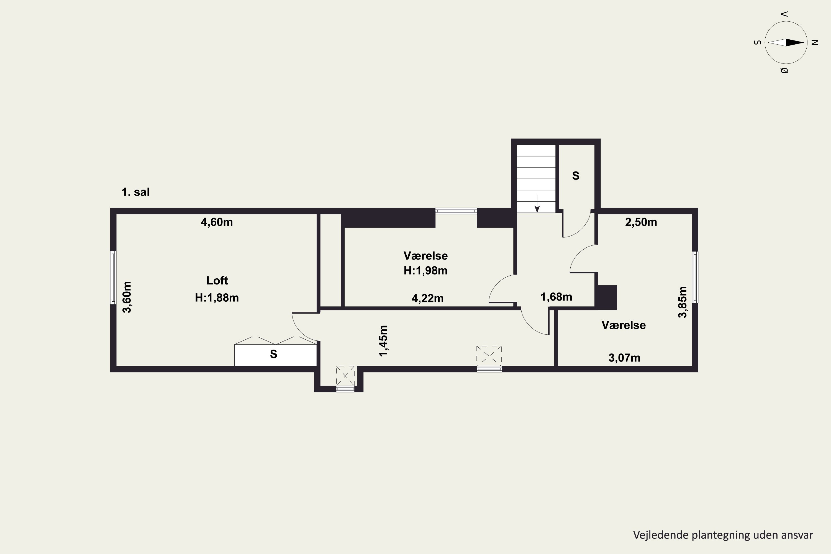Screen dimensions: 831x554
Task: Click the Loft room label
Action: pyautogui.click(x=217, y=281)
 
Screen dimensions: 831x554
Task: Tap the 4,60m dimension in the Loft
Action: pyautogui.click(x=217, y=222)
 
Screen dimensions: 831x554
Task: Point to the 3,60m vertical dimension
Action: pyautogui.click(x=127, y=297)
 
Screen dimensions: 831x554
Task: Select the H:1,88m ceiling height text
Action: pyautogui.click(x=217, y=298)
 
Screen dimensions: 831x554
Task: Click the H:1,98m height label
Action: pyautogui.click(x=426, y=271)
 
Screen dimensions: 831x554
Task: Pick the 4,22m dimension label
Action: pyautogui.click(x=427, y=299)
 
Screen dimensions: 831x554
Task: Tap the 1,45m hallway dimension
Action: pyautogui.click(x=383, y=341)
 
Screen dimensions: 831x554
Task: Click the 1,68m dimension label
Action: pyautogui.click(x=556, y=297)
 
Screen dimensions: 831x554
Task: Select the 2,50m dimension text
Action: pyautogui.click(x=641, y=222)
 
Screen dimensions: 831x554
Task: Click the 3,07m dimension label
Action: pyautogui.click(x=624, y=358)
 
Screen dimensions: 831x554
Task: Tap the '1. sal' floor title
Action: pyautogui.click(x=136, y=192)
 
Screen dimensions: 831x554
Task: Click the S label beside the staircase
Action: pyautogui.click(x=576, y=176)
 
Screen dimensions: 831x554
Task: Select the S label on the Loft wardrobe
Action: pyautogui.click(x=273, y=354)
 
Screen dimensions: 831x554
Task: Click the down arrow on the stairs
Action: pyautogui.click(x=537, y=204)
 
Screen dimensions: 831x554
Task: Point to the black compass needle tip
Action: pyautogui.click(x=804, y=43)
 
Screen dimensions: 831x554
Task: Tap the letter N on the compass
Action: pyautogui.click(x=815, y=42)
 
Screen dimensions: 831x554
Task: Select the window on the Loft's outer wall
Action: pyautogui.click(x=113, y=277)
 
